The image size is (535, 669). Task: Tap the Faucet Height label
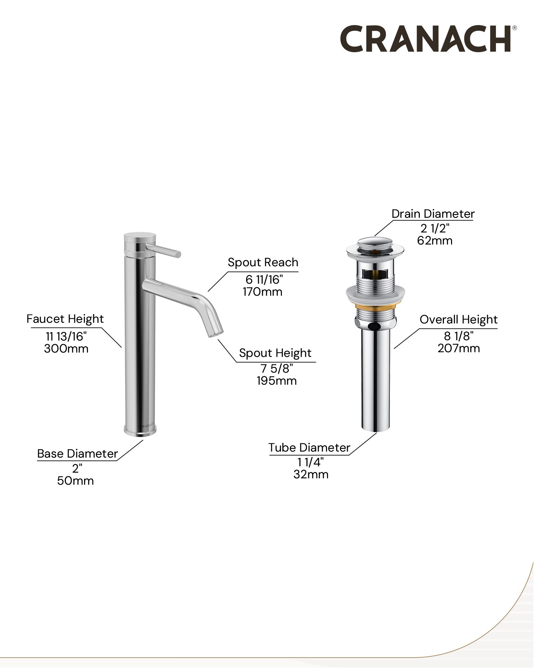65,319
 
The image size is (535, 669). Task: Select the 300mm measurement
66,349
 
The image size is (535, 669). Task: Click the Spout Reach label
263,263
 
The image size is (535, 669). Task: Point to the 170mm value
262,292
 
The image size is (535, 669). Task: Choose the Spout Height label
275,353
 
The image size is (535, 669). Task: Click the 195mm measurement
277,381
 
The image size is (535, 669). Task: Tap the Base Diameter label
77,454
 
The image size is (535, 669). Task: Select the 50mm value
75,481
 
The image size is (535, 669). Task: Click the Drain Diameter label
433,214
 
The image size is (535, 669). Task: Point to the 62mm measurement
435,241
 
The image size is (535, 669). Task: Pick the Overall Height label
458,320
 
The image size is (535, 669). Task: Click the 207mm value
459,348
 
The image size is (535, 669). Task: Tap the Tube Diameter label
309,448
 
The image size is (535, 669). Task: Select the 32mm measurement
311,474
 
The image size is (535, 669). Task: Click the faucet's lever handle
164,251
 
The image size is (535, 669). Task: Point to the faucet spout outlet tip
216,333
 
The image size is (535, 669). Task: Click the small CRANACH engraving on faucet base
147,426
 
